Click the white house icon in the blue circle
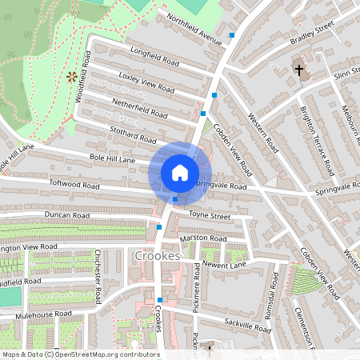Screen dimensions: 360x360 [x=179, y=172]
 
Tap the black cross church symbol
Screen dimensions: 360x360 [x=299, y=70]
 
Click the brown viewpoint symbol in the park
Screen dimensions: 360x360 [x=72, y=77]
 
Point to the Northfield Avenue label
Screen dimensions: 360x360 [x=189, y=26]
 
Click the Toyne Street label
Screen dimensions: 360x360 [x=209, y=215]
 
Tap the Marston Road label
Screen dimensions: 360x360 [x=203, y=238]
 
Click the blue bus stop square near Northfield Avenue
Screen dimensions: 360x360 [x=232, y=35]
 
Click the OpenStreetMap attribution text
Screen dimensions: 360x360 [x=80, y=354]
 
